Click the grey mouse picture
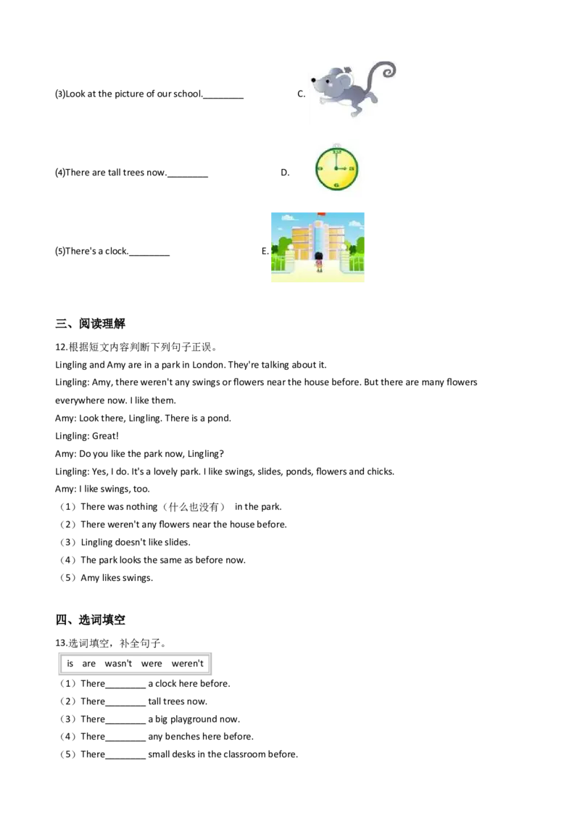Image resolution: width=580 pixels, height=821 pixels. (352, 89)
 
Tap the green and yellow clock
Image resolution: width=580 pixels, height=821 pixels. (336, 168)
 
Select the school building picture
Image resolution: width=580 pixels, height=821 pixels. (318, 247)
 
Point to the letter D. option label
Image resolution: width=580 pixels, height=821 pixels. (285, 173)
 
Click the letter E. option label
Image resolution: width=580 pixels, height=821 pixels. (265, 252)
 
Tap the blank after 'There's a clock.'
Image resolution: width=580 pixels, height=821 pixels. (149, 254)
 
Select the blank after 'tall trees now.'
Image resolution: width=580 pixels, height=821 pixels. (187, 176)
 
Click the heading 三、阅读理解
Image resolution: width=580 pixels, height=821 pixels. (90, 323)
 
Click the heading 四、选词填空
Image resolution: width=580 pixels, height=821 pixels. (90, 620)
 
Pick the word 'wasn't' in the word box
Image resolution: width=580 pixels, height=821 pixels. (118, 664)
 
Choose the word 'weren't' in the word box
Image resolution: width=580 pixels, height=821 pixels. (187, 664)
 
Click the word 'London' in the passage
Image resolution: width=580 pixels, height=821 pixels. (208, 365)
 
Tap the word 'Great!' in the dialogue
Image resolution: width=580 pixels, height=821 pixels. (105, 436)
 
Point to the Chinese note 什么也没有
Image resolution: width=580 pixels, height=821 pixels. (193, 507)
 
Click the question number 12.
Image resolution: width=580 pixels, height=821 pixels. (61, 347)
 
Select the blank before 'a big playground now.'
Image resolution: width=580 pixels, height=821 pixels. (125, 722)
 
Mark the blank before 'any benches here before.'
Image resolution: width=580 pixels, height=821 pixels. (125, 739)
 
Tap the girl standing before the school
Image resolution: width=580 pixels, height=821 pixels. (319, 262)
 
